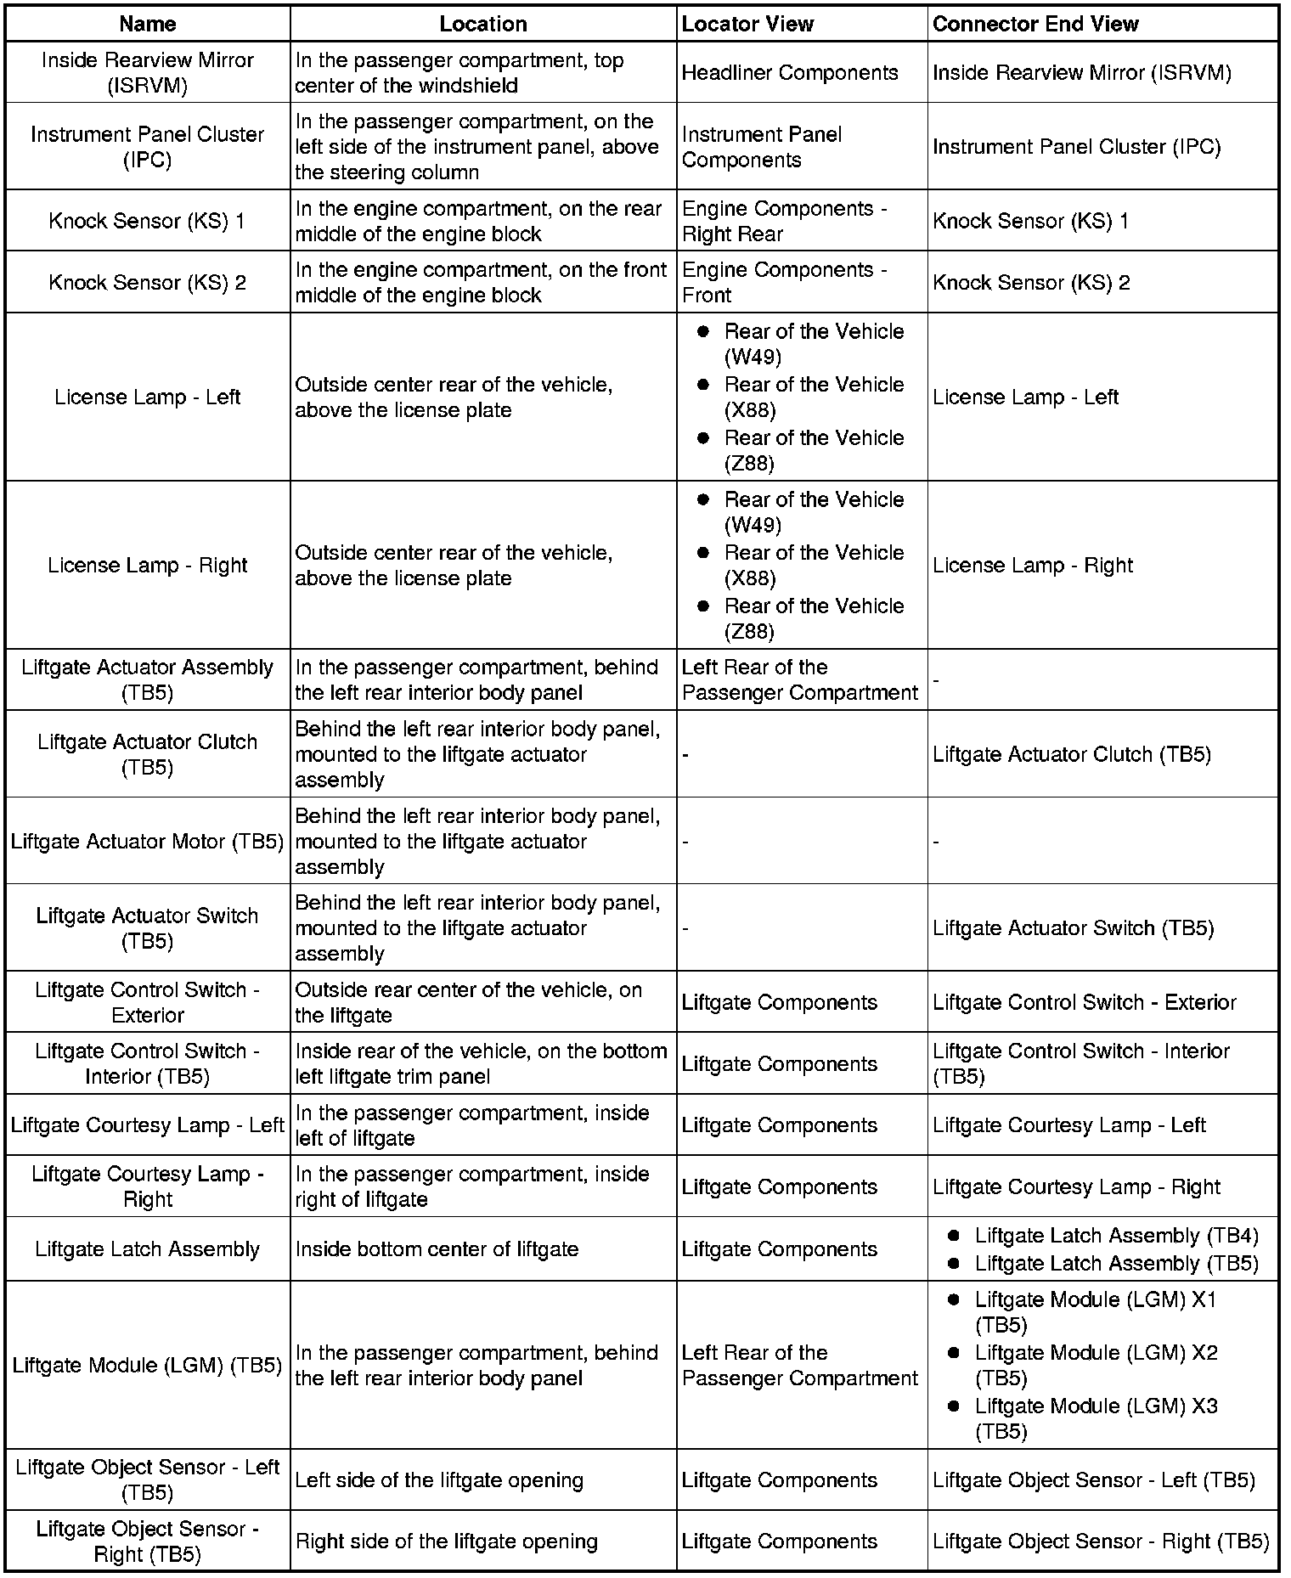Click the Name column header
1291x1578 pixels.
pos(147,24)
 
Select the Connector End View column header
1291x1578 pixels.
pos(1034,24)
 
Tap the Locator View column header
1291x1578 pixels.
pos(747,24)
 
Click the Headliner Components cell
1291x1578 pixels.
pos(789,73)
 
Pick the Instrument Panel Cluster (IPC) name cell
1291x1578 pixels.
pos(147,147)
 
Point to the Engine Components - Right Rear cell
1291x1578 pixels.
pos(784,221)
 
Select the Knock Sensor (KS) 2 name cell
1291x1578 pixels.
pos(147,282)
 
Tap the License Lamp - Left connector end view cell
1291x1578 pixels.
pos(1025,397)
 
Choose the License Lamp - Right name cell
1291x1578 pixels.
pos(147,566)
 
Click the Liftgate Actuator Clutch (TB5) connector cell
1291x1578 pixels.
pos(1071,754)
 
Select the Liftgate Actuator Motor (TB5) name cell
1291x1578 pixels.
pos(147,842)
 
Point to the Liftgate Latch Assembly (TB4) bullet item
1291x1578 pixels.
pos(1116,1236)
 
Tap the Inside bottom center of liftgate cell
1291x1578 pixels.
pos(437,1249)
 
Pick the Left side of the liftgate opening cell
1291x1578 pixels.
pos(439,1480)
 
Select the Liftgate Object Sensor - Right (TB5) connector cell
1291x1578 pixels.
pos(1100,1541)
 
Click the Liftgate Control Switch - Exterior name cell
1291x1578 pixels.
pos(147,1002)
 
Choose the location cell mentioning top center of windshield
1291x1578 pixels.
pos(459,73)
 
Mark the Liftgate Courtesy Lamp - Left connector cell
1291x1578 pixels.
pos(1068,1125)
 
